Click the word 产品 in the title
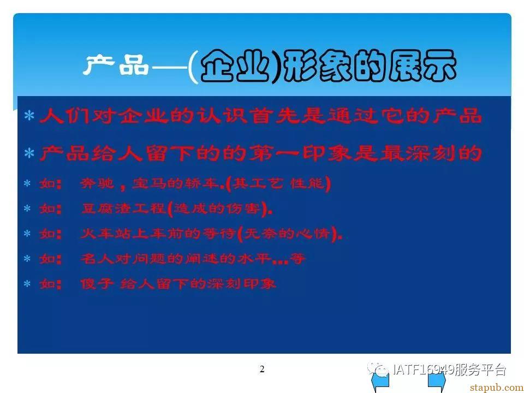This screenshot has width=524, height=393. click(x=116, y=64)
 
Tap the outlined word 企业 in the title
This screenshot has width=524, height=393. click(x=235, y=66)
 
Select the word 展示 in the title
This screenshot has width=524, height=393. click(x=422, y=66)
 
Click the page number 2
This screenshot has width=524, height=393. click(x=262, y=369)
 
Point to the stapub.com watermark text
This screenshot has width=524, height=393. click(x=497, y=388)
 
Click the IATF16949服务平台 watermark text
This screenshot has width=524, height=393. click(x=449, y=370)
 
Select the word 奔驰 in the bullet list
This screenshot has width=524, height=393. click(x=97, y=183)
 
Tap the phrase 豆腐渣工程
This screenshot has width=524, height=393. click(x=124, y=209)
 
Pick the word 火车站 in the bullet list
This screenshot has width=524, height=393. click(x=105, y=234)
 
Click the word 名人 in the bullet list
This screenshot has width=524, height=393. click(x=97, y=259)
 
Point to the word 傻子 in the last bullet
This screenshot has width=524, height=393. click(x=97, y=284)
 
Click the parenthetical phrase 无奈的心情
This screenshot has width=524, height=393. click(x=287, y=234)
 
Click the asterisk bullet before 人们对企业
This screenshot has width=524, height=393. click(x=29, y=116)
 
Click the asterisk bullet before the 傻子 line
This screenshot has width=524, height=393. click(x=27, y=284)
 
